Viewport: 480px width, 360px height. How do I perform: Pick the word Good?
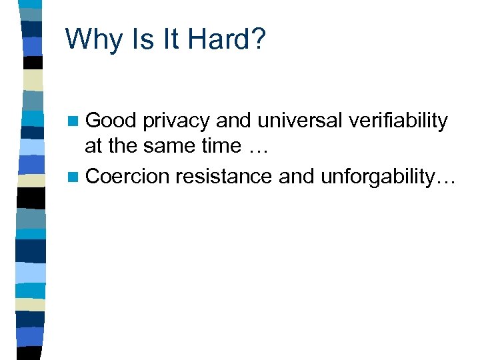111,121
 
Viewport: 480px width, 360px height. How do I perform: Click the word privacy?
176,121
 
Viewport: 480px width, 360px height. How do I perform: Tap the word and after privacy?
235,121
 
